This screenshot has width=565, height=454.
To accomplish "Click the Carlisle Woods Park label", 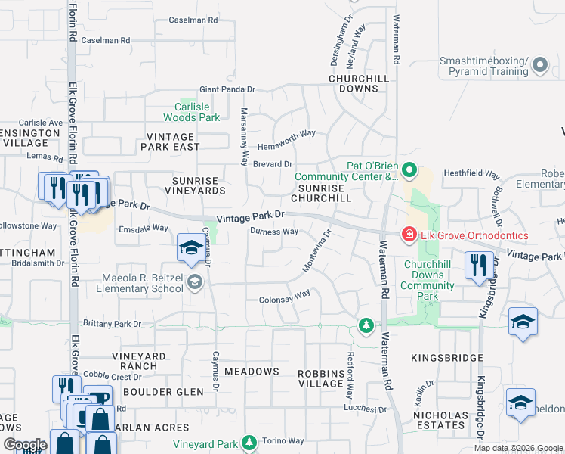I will click(192, 112).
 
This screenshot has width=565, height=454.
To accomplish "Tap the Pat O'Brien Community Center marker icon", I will click(409, 169).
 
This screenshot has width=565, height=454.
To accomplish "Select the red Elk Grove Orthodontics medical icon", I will click(409, 235).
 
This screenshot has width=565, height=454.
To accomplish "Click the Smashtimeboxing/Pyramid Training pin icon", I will click(539, 66).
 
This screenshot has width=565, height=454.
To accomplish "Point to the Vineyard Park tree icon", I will click(249, 443).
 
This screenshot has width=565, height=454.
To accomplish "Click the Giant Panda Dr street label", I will click(227, 89).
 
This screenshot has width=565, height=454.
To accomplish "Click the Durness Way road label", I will click(274, 232).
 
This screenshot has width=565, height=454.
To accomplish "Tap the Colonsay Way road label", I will click(285, 296).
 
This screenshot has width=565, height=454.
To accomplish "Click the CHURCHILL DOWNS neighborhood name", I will click(359, 83).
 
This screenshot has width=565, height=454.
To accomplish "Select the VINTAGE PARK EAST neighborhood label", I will click(168, 141).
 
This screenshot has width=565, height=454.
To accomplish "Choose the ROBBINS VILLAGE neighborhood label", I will click(321, 378).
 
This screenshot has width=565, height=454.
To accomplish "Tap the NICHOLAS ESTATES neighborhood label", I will click(440, 421).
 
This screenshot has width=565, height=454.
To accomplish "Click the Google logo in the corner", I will click(25, 445).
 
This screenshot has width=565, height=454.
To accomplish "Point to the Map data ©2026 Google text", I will click(517, 448).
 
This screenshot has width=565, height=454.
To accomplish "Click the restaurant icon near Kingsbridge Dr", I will click(478, 266).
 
